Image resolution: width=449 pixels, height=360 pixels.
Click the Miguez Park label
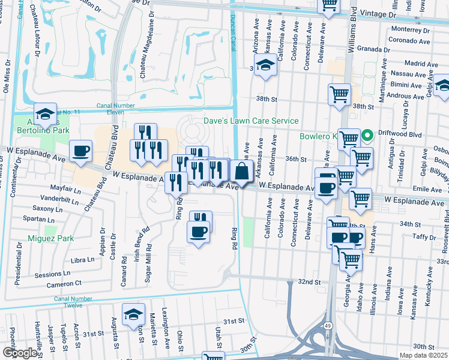coord(50,238)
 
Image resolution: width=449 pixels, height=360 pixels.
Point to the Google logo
coord(19,352)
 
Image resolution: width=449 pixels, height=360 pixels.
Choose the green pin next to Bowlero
coord(371,135)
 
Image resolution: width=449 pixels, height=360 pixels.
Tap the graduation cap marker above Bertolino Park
coord(44,113)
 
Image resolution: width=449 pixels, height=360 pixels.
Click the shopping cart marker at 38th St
coord(339,94)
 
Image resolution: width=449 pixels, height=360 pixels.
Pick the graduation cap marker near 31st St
coord(133,314)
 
